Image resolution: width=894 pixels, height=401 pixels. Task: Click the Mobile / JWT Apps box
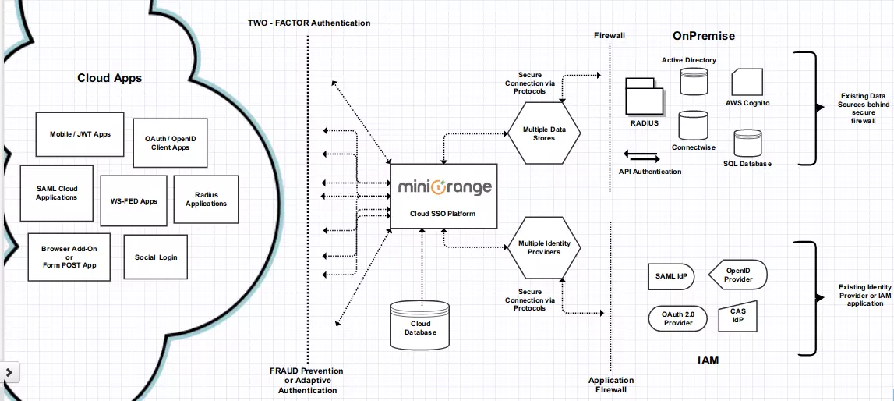pos(75,134)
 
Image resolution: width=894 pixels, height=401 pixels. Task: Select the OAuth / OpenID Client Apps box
pos(170,143)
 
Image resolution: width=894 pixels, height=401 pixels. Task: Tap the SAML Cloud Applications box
pos(56,193)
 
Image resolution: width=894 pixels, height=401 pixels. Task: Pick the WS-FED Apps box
pos(133,200)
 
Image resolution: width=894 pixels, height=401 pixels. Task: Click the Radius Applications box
pos(205,199)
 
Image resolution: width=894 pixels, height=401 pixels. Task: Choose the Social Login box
pos(155,257)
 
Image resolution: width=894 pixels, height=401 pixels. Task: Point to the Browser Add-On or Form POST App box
pos(69,257)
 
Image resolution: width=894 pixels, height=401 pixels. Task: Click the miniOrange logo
pos(444,187)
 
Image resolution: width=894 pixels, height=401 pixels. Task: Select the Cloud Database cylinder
pos(419,325)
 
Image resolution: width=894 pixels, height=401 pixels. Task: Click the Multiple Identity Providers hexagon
pos(544,247)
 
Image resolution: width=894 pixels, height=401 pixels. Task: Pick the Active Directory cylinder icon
pos(693,82)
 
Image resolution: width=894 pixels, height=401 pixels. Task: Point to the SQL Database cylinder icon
pos(746,144)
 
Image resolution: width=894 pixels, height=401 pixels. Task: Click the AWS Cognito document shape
pos(747,82)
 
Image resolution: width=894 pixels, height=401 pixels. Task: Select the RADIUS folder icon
pos(645,98)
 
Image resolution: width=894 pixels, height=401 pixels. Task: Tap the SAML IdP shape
pos(670,276)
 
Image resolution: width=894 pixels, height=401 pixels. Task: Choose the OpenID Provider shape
pos(738,275)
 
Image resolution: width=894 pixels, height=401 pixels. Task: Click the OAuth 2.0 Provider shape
pos(677,318)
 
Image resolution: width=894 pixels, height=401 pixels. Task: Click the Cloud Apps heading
pos(109,78)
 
